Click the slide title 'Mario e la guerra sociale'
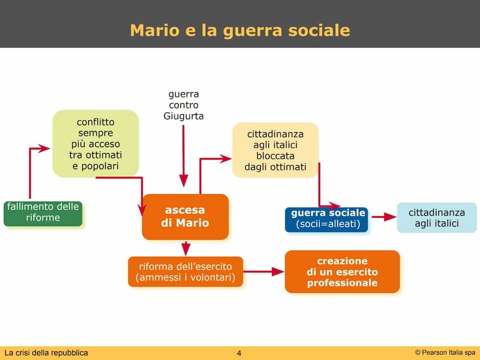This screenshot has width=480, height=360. coord(240,31)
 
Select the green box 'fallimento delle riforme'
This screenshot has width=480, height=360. coord(43,214)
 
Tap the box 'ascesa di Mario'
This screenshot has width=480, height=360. coord(185,217)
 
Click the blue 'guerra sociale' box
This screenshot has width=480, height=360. coord(326,220)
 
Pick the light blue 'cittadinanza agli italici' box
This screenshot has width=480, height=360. coord(437,217)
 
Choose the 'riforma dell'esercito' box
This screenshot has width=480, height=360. coord(186,272)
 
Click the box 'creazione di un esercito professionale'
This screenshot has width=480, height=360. coord(342,272)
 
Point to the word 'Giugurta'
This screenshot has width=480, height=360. coord(183,117)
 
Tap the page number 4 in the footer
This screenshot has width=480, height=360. coord(239,353)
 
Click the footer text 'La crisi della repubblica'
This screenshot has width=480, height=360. coord(46,353)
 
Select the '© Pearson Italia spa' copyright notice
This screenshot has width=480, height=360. coord(445,352)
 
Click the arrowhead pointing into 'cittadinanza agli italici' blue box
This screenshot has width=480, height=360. coord(390,217)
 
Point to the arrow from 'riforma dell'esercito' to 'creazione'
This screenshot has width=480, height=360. coord(264,271)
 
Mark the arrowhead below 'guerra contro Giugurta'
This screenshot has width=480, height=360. coord(183,181)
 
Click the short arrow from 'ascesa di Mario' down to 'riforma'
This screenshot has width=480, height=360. coord(186,248)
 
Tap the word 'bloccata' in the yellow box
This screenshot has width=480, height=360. coord(275,156)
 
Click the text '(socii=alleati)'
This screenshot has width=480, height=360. coord(328,224)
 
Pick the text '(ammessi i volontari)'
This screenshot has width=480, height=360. coord(186,278)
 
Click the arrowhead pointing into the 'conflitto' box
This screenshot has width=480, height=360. coord(44,148)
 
